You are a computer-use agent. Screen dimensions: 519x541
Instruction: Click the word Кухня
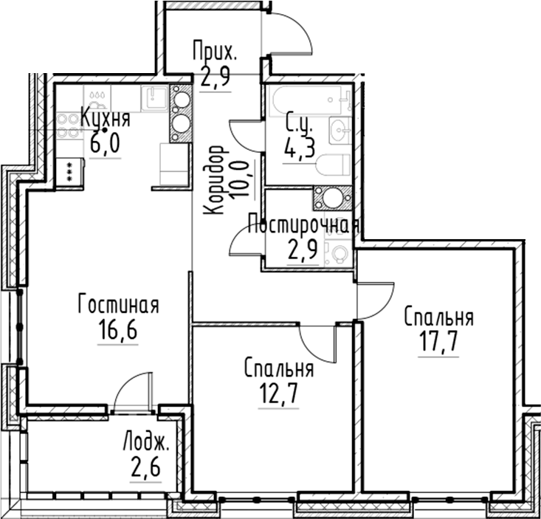pyautogui.click(x=105, y=118)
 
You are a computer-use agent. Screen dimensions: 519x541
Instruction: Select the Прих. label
pyautogui.click(x=214, y=52)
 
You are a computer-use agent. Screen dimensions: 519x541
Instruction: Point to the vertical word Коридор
pyautogui.click(x=215, y=180)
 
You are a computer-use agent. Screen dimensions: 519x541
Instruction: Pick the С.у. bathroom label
pyautogui.click(x=299, y=122)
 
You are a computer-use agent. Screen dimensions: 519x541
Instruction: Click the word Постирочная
pyautogui.click(x=303, y=224)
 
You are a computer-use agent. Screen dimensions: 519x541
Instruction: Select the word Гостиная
pyautogui.click(x=119, y=304)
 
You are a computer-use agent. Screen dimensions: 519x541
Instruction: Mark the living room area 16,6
pyautogui.click(x=118, y=327)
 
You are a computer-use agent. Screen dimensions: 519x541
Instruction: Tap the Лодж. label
pyautogui.click(x=146, y=444)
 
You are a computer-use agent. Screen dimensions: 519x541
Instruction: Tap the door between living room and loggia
pyautogui.click(x=134, y=391)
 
